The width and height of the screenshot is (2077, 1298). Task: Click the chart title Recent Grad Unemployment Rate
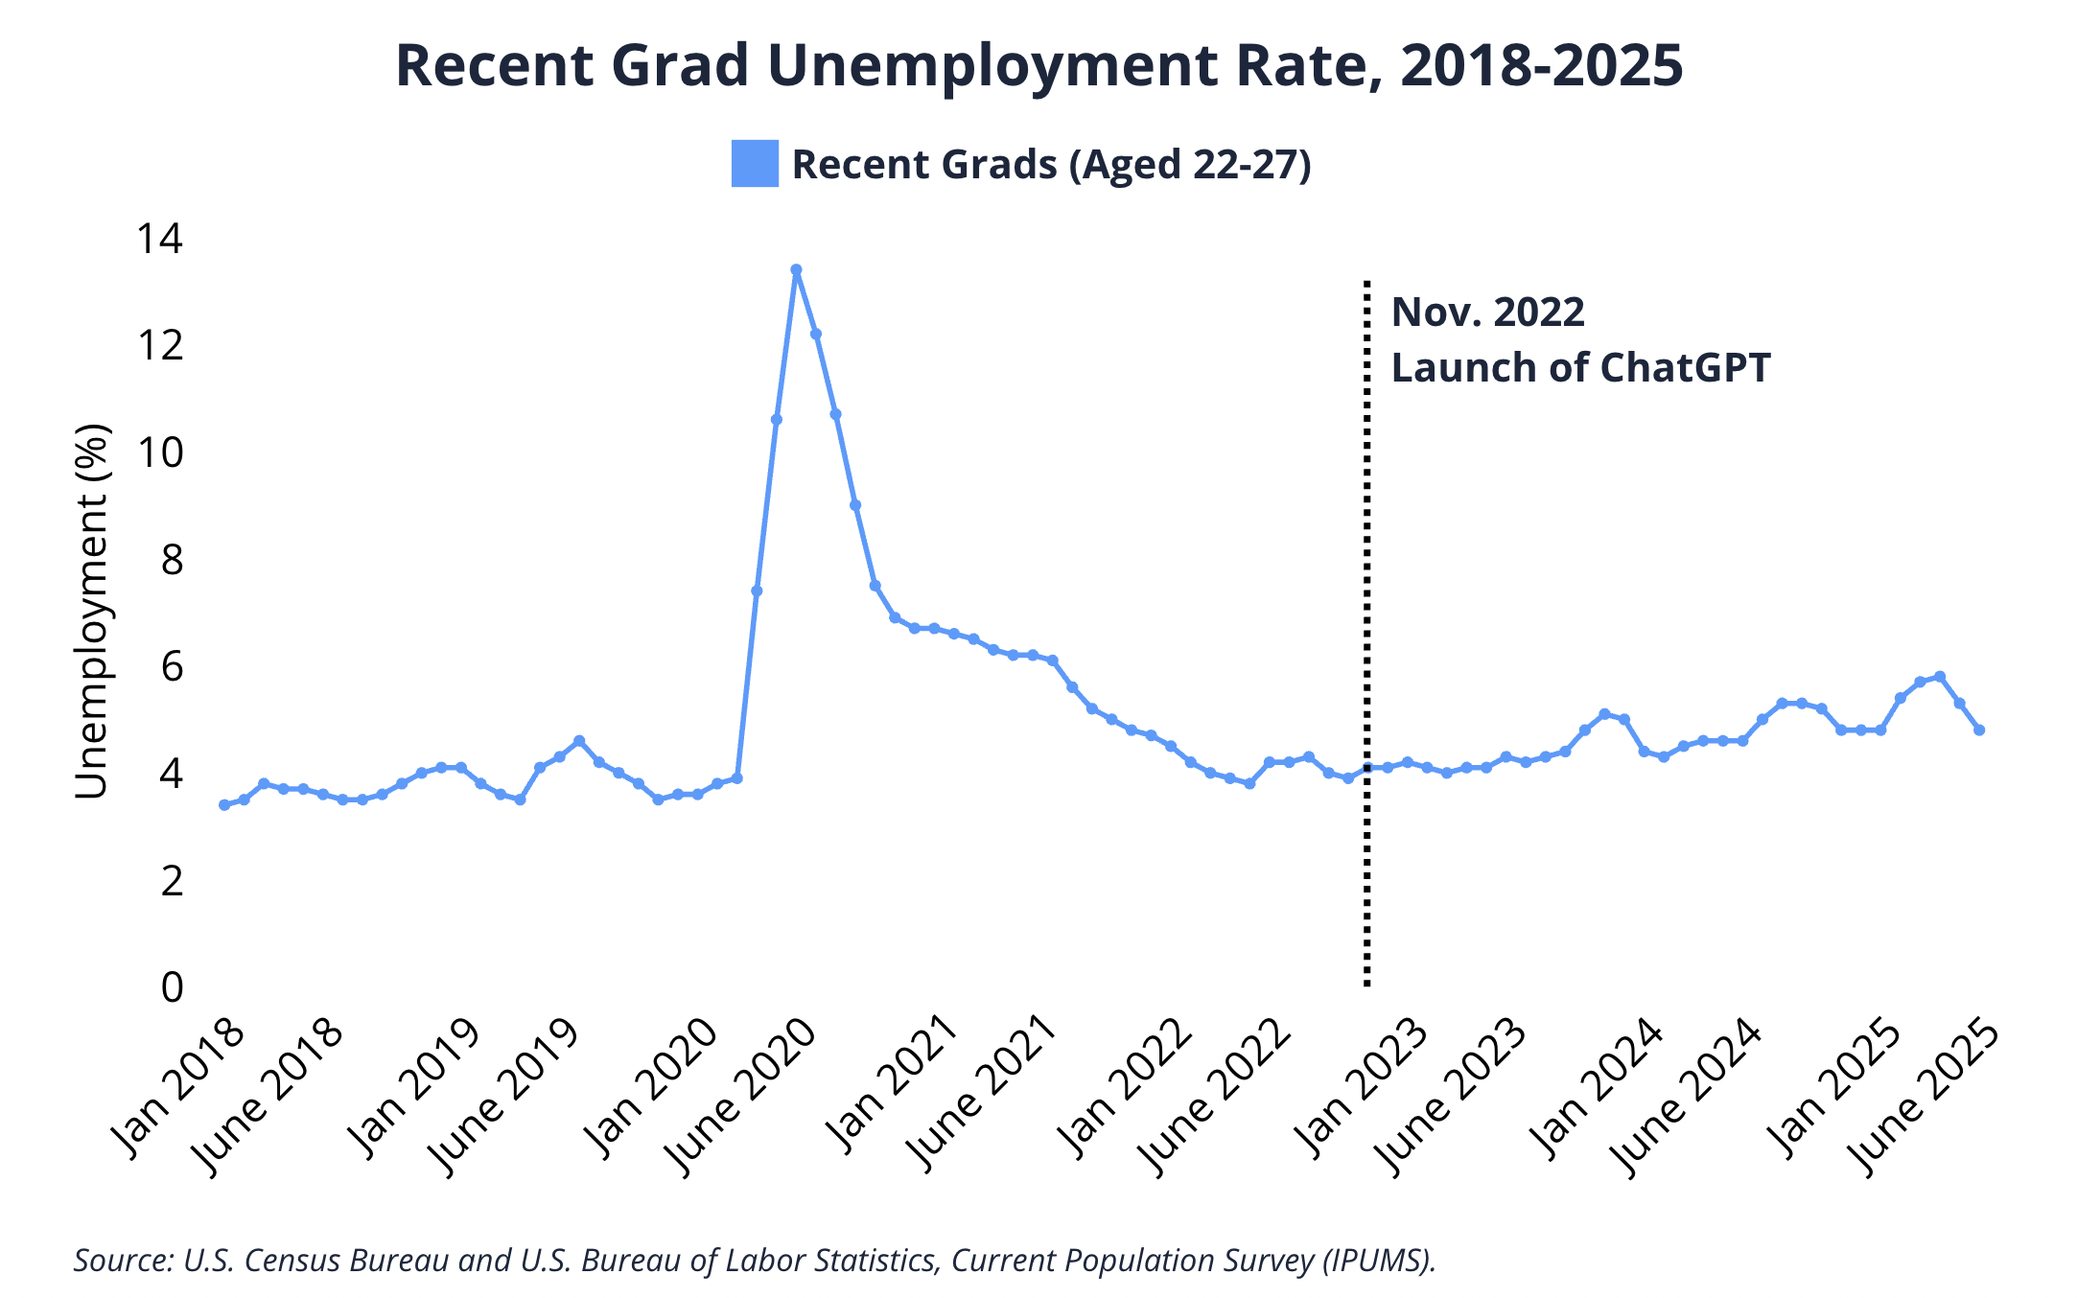point(1038,65)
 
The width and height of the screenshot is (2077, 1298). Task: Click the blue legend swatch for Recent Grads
point(755,164)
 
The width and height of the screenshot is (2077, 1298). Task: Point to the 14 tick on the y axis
point(159,239)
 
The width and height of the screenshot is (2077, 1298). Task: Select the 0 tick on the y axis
point(172,986)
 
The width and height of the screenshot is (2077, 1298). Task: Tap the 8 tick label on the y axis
point(172,559)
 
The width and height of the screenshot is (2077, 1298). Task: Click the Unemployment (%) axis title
point(92,612)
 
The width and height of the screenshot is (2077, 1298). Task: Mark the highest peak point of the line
point(796,270)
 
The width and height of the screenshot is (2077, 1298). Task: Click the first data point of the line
point(223,805)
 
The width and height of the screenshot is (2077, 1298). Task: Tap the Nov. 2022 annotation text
point(1487,313)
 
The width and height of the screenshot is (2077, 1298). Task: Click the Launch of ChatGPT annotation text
point(1579,368)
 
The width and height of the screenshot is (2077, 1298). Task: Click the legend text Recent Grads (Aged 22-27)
point(1051,165)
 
